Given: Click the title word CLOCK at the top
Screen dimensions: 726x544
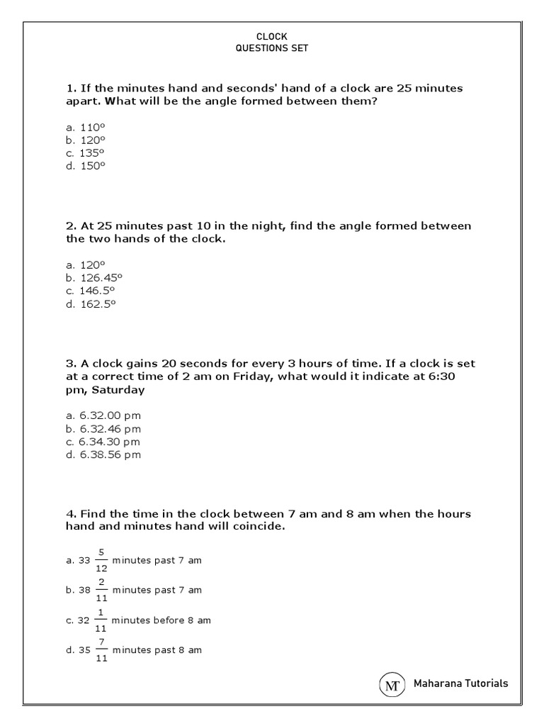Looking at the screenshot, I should click(272, 36).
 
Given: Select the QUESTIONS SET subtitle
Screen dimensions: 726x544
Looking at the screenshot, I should click(272, 48).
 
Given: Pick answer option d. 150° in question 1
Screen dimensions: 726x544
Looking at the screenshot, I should click(85, 165).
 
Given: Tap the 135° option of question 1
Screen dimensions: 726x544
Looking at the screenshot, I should click(85, 152).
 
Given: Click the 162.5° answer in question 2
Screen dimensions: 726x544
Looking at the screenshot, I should click(91, 303).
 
